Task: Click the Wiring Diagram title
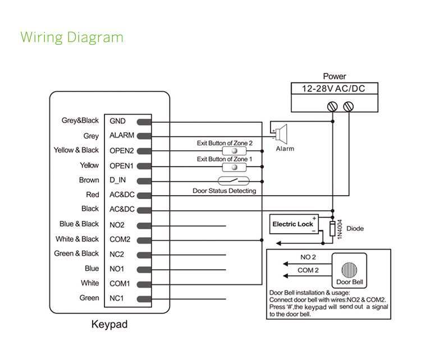(x=71, y=38)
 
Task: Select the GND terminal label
(x=118, y=121)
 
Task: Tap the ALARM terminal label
(x=122, y=136)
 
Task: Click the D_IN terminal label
(x=118, y=181)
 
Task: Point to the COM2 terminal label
(x=120, y=239)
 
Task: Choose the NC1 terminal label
(x=117, y=298)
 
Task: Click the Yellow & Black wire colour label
(x=76, y=150)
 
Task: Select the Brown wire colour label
(x=89, y=181)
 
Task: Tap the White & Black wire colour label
(x=77, y=239)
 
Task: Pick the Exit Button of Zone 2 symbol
(x=231, y=151)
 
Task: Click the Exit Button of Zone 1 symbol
(x=231, y=167)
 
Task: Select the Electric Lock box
(x=293, y=224)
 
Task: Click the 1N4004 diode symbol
(x=332, y=229)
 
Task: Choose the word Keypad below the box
(x=110, y=324)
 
